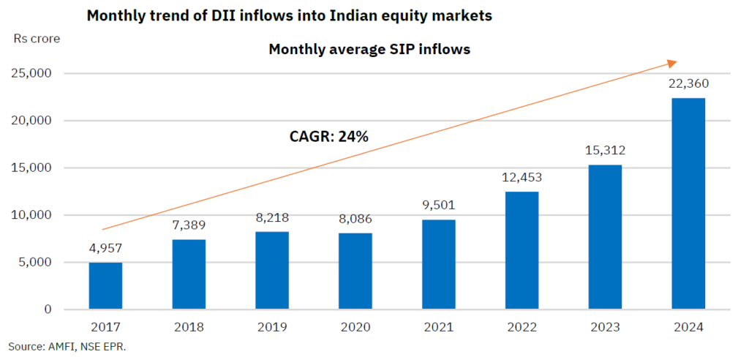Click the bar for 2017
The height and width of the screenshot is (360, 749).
pos(105,285)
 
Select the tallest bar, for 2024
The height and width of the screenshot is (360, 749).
pos(688,203)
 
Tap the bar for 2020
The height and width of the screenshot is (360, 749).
pos(355,271)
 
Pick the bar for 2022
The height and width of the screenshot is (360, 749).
pos(522,250)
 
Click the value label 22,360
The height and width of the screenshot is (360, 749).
pos(688,83)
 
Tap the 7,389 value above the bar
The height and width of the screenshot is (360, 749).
pos(189,225)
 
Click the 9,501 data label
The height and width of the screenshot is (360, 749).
pos(438,205)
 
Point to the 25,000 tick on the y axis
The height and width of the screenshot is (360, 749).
pos(31,73)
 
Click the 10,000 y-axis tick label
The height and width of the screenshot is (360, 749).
pos(31,215)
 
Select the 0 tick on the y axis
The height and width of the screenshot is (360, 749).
pos(48,310)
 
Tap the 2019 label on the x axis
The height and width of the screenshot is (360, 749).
pos(271,327)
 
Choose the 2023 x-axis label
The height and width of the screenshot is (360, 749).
pos(605,327)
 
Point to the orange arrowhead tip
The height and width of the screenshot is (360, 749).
pos(677,62)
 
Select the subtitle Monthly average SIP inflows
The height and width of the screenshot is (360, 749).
pos(369,50)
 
